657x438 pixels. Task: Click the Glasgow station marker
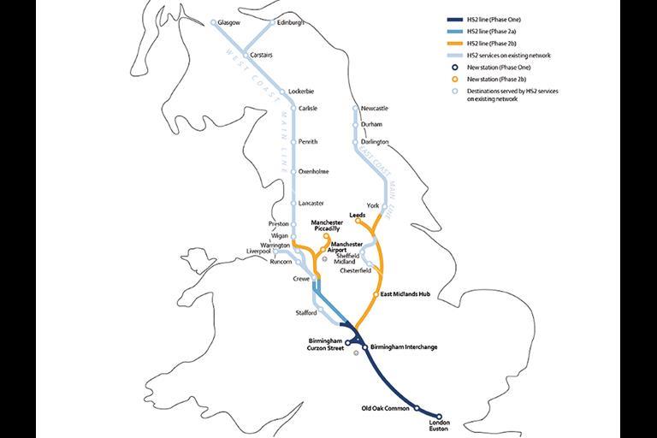[213, 22]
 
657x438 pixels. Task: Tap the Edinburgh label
[290, 22]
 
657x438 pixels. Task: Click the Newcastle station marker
[357, 109]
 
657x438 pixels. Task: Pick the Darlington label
[375, 142]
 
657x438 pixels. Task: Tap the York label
[371, 206]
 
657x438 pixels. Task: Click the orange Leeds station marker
[358, 222]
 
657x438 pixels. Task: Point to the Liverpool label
[258, 252]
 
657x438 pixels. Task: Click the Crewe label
[301, 279]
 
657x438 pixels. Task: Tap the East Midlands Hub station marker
[376, 294]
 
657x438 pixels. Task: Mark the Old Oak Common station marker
[417, 409]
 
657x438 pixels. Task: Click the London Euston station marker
[439, 417]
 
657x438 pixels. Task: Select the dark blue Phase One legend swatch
[454, 19]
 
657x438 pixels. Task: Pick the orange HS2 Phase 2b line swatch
[454, 43]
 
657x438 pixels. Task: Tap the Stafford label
[305, 313]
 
